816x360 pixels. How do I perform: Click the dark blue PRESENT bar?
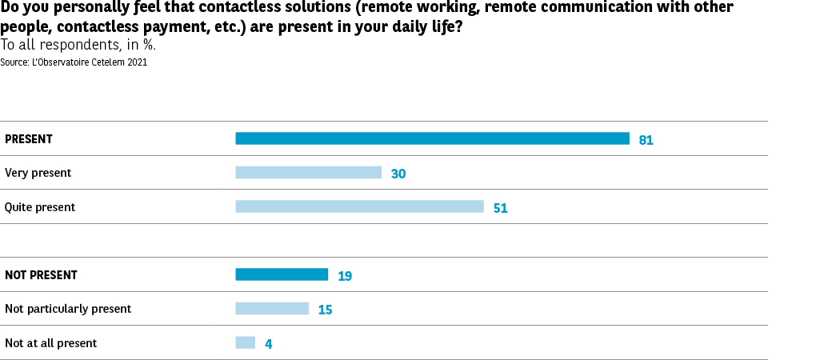click(432, 138)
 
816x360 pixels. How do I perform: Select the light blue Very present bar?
click(308, 173)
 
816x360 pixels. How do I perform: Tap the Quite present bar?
click(359, 206)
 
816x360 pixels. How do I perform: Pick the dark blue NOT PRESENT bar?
click(282, 274)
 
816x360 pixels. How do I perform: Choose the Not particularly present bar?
click(272, 309)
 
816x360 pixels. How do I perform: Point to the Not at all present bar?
click(245, 342)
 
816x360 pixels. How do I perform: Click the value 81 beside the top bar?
click(646, 140)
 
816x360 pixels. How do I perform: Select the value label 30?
click(398, 174)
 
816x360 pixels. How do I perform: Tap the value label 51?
click(501, 208)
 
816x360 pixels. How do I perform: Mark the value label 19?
click(345, 276)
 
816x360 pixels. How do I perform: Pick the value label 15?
click(325, 310)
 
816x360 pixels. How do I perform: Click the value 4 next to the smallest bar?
click(269, 344)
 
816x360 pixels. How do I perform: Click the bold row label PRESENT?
click(29, 139)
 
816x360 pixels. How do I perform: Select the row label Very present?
click(38, 173)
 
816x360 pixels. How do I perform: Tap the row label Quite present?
click(40, 207)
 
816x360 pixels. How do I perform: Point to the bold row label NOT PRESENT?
click(41, 275)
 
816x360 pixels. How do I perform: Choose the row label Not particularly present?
click(68, 309)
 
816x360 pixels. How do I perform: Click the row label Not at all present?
click(50, 343)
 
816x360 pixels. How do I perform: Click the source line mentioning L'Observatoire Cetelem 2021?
click(74, 62)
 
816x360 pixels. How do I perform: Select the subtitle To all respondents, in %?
click(78, 45)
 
